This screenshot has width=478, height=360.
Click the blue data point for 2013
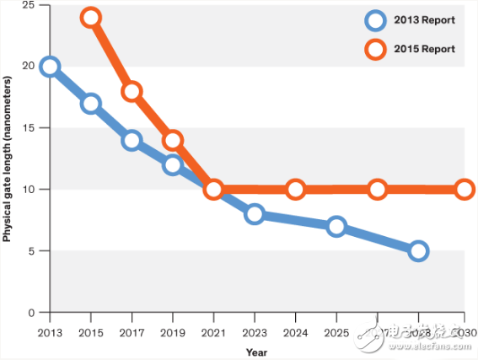(x=50, y=67)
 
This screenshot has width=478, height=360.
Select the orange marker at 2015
(x=91, y=18)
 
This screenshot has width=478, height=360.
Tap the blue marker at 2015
(x=91, y=104)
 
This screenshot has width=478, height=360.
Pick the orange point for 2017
(x=132, y=91)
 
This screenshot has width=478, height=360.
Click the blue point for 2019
(x=172, y=164)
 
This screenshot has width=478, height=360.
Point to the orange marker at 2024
(x=295, y=189)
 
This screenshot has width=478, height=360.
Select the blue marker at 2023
(x=255, y=214)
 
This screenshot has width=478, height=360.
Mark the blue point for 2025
(x=336, y=226)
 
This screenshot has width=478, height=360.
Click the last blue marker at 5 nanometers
(x=418, y=250)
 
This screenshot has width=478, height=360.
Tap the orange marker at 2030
(x=464, y=189)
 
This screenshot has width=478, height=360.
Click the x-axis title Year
(x=257, y=351)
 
